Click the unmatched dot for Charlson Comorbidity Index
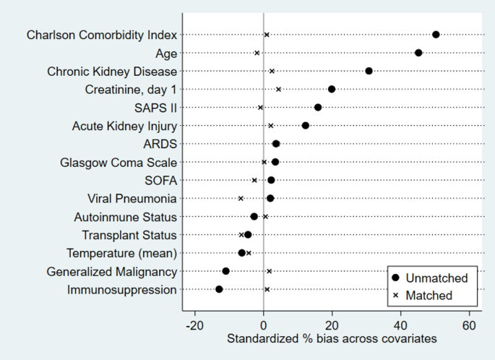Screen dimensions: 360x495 point(436,35)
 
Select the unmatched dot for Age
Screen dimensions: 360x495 point(418,53)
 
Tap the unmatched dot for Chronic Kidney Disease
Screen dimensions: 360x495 point(369,71)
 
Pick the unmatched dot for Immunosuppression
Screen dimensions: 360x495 point(219,289)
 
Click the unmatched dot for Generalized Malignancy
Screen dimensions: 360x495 point(225,271)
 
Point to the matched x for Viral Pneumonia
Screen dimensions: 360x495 point(241,198)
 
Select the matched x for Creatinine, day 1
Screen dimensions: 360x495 point(278,89)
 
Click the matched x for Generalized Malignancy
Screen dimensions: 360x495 point(269,271)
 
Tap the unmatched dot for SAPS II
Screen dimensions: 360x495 point(318,107)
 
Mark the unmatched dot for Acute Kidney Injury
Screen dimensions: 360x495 point(306,126)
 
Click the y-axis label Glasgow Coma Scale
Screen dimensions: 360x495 point(119,162)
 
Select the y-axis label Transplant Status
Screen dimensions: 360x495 point(129,235)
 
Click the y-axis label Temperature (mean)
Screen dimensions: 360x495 point(121,253)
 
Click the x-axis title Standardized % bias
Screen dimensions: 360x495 point(332,338)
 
